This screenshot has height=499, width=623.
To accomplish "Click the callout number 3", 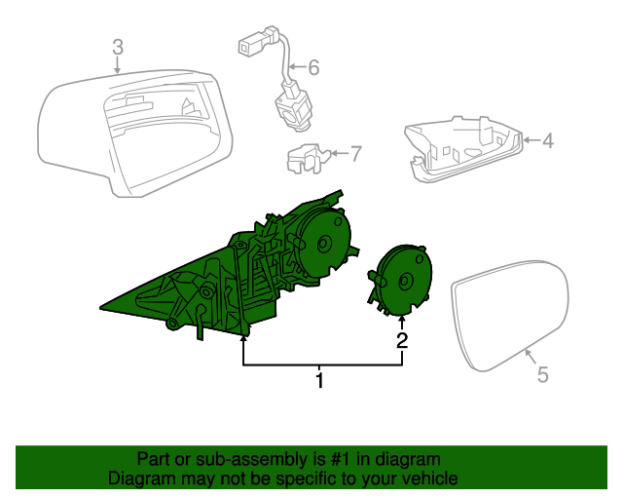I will (x=117, y=46).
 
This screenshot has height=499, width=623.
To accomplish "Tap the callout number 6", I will (x=312, y=68).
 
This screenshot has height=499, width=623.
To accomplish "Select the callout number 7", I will (x=355, y=153).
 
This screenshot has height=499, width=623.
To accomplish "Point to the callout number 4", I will (x=547, y=140).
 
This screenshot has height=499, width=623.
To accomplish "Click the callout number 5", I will (x=542, y=373).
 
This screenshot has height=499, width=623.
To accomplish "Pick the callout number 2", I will (x=401, y=340).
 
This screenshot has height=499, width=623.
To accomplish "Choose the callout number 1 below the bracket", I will (x=319, y=379).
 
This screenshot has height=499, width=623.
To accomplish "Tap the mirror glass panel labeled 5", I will (x=511, y=312).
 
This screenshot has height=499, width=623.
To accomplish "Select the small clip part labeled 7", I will (x=304, y=158).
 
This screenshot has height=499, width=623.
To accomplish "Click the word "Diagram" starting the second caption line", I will (x=139, y=479).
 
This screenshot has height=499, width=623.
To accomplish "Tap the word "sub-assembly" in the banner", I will (x=231, y=459).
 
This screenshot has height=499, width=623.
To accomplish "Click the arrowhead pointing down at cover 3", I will (x=117, y=70).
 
